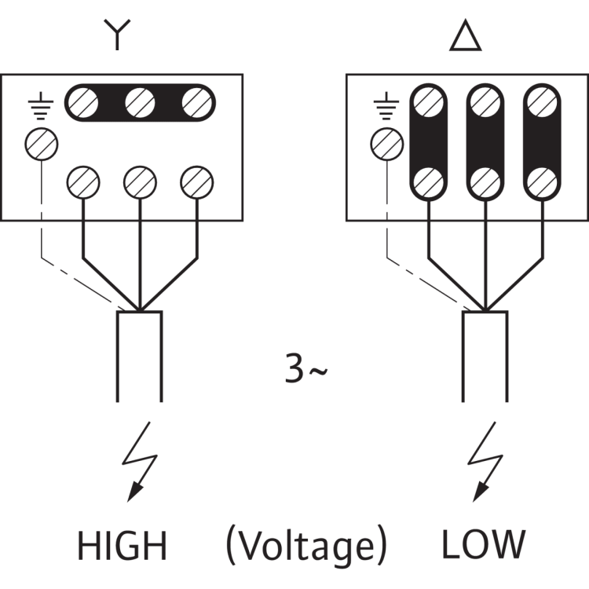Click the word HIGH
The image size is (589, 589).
pos(121,545)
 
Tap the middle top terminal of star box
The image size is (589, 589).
pos(139,101)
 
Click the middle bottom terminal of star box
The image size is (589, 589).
pos(138,181)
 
